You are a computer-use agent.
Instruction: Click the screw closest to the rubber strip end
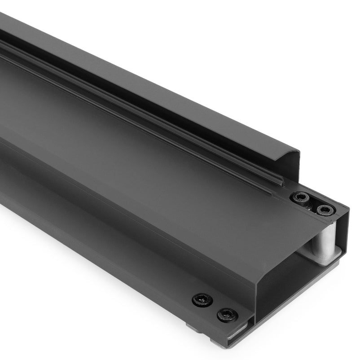tap(299, 198)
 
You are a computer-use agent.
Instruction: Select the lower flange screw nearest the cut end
tap(227, 315)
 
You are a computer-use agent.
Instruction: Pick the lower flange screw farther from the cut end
tap(202, 299)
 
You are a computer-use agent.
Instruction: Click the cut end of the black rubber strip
tap(281, 181)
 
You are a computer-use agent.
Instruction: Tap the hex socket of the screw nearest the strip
tap(299, 198)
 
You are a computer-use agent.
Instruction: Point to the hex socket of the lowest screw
tap(227, 315)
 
